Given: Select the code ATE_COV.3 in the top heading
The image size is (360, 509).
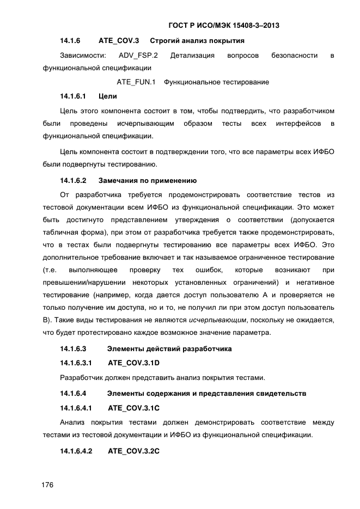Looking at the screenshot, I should [x=119, y=41].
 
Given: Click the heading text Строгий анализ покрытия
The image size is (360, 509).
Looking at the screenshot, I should [x=197, y=41].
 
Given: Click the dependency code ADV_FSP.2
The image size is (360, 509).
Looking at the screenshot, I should [x=138, y=56].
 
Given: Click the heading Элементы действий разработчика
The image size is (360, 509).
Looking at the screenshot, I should [x=169, y=348].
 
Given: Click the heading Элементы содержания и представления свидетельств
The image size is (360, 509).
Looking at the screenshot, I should [x=206, y=393].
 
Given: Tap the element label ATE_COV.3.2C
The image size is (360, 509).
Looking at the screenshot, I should [x=133, y=451].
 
